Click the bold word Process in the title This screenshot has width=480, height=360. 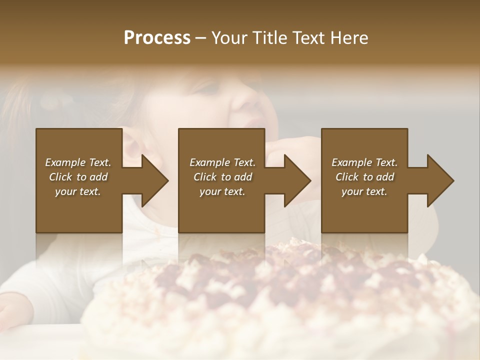pyautogui.click(x=157, y=38)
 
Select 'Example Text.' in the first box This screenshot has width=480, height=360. pyautogui.click(x=78, y=162)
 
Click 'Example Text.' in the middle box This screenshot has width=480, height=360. pyautogui.click(x=222, y=162)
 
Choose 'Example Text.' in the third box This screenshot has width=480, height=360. pyautogui.click(x=364, y=162)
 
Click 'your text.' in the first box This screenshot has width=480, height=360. pyautogui.click(x=78, y=191)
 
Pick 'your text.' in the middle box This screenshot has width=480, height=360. pyautogui.click(x=222, y=191)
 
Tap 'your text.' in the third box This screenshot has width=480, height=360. pyautogui.click(x=364, y=191)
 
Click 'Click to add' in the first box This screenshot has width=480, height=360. pyautogui.click(x=78, y=177)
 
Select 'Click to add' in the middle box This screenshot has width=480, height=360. pyautogui.click(x=222, y=177)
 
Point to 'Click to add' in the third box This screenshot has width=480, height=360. pyautogui.click(x=364, y=177)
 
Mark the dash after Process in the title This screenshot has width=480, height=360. pyautogui.click(x=201, y=38)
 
